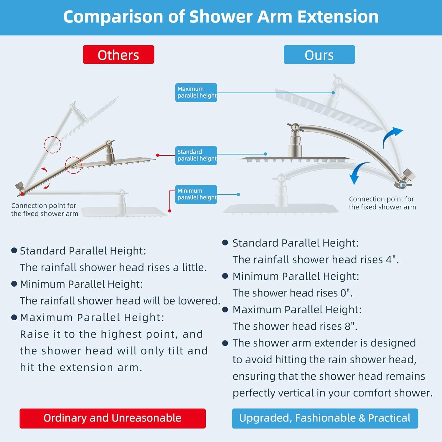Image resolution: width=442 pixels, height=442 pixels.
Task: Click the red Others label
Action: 118,55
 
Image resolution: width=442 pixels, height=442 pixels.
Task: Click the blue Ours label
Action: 319,55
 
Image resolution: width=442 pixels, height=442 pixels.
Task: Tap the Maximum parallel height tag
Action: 196,93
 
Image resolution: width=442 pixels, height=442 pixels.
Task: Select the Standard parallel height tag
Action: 196,156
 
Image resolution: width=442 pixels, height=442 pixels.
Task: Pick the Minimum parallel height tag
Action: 196,194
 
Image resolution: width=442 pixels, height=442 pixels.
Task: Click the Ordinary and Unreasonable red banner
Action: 113,418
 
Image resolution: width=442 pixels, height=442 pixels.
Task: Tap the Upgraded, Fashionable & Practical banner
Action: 325,418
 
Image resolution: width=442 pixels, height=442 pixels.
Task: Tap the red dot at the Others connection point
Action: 22,194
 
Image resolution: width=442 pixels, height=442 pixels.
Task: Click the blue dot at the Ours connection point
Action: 403,185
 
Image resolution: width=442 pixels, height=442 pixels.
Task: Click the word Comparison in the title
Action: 113,17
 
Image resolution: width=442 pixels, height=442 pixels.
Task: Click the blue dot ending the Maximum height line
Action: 333,93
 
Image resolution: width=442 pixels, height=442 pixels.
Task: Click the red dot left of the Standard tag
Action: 158,155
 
